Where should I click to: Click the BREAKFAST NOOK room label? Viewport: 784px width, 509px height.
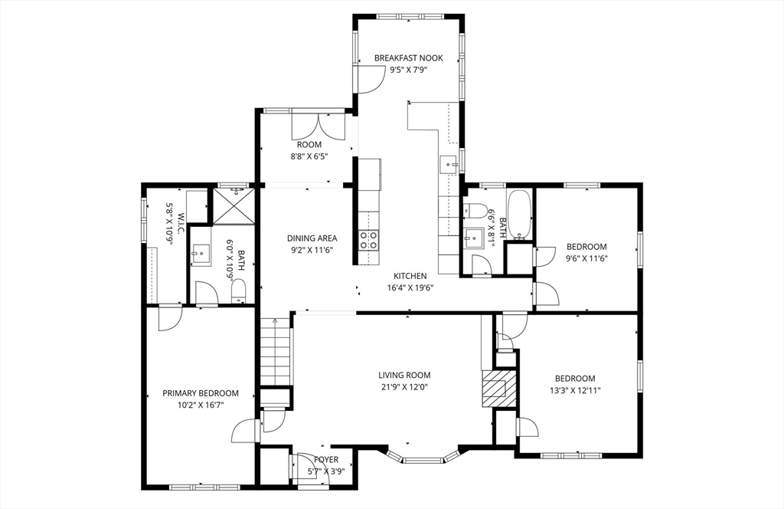pyautogui.click(x=408, y=58)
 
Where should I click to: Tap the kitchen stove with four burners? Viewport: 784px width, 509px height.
pyautogui.click(x=369, y=239)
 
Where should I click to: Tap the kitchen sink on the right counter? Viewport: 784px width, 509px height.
pyautogui.click(x=449, y=163)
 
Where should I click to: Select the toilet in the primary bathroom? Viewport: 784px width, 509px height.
pyautogui.click(x=238, y=289)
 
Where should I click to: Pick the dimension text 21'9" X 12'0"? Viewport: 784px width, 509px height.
pyautogui.click(x=404, y=388)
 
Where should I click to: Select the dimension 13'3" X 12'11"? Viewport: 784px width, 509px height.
pyautogui.click(x=575, y=391)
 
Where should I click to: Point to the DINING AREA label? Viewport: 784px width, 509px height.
pyautogui.click(x=312, y=238)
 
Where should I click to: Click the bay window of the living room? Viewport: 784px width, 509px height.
pyautogui.click(x=423, y=459)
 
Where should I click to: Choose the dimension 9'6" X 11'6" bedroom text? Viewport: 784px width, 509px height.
pyautogui.click(x=586, y=259)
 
